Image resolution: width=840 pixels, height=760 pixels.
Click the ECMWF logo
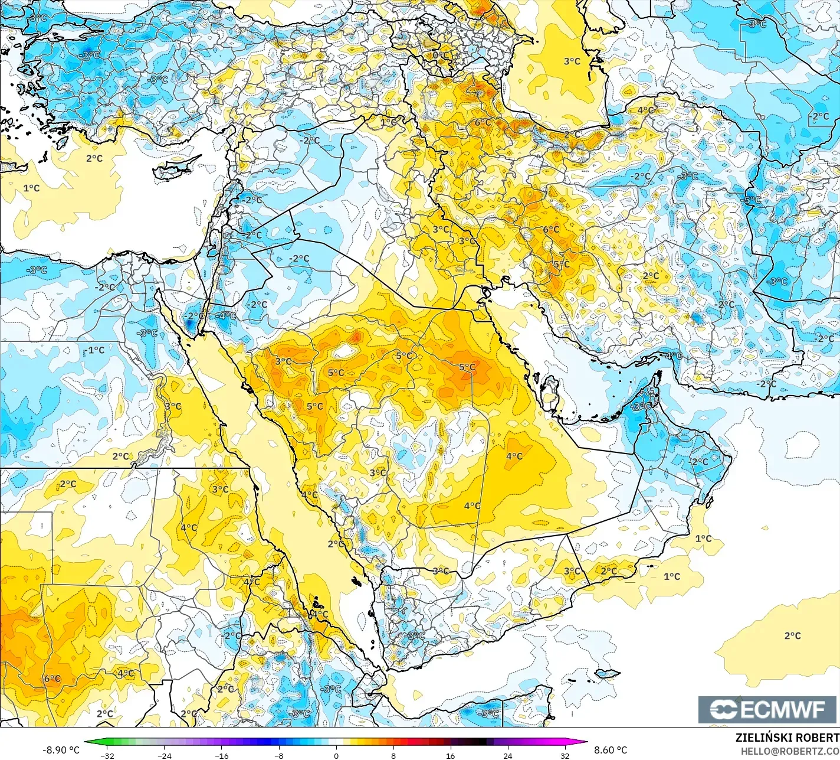769,710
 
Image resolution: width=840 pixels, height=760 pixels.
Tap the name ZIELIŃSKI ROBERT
787,738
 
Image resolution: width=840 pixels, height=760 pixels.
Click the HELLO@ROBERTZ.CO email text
790,751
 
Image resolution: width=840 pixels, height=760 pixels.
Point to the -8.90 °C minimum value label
61,750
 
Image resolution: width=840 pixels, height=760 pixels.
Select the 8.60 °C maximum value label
611,750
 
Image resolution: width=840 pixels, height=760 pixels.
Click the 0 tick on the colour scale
336,755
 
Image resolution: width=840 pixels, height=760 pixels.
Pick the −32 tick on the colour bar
107,755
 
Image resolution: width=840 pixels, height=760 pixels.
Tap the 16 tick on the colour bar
450,755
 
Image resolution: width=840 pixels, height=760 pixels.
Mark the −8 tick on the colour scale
278,755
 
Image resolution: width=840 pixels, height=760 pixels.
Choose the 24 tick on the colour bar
507,755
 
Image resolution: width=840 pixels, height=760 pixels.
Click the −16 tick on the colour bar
221,755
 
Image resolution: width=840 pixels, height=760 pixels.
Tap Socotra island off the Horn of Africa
608,673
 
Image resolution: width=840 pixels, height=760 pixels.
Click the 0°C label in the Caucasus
441,55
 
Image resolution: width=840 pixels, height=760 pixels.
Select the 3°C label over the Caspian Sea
572,61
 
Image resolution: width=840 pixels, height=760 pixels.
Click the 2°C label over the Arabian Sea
792,635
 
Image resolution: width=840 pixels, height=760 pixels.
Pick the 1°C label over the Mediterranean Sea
31,188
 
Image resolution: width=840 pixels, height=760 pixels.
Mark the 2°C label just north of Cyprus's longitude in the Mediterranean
94,158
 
